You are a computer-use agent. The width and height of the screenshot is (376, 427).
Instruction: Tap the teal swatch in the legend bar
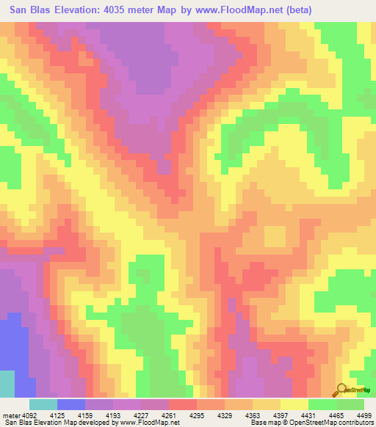43,404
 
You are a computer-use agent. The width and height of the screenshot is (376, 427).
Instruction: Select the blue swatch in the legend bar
71,404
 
